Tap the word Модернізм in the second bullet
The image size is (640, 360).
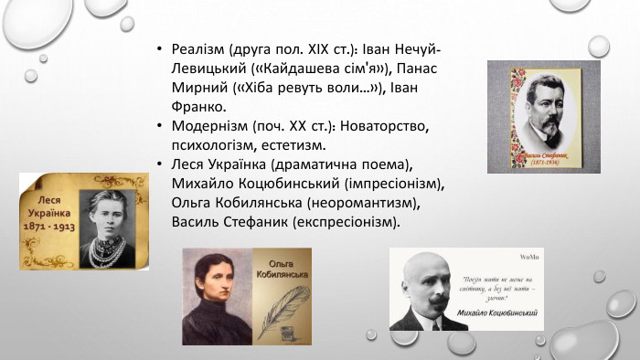point(205,127)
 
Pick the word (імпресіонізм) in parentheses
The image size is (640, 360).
point(395,185)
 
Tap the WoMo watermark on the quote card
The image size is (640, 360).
point(529,255)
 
